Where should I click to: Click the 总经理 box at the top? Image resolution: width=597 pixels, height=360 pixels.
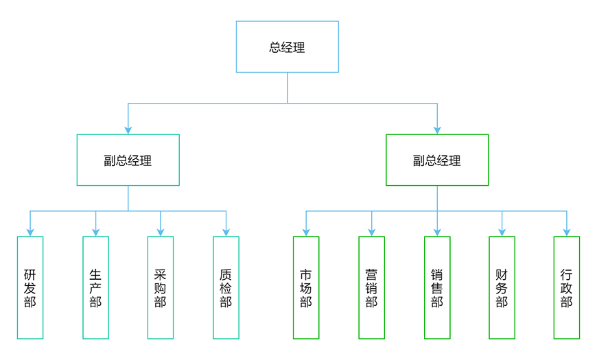[287, 47]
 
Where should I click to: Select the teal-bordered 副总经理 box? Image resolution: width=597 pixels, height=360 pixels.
[128, 160]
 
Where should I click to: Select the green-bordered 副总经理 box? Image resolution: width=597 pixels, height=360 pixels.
[437, 160]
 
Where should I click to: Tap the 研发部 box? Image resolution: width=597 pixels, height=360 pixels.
[30, 288]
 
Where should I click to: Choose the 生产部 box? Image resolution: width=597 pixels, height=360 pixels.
[95, 288]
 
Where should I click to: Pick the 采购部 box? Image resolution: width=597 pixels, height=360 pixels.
[161, 288]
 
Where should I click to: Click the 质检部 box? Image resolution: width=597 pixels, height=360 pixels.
[226, 288]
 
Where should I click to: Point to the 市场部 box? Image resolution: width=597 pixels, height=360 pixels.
[306, 288]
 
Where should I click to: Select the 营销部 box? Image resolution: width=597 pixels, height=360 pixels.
[372, 288]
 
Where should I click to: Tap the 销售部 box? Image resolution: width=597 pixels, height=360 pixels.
[437, 288]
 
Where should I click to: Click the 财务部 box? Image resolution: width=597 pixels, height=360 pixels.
[502, 288]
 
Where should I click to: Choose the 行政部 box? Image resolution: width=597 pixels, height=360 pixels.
[567, 288]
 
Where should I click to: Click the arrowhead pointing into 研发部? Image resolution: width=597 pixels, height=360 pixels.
[30, 232]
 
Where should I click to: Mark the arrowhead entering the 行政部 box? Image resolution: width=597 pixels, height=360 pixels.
[567, 232]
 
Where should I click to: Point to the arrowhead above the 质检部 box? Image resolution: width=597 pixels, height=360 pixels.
[226, 232]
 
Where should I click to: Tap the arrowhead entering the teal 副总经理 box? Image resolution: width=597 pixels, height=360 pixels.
[128, 130]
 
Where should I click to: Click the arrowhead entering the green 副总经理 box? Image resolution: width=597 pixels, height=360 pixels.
[437, 130]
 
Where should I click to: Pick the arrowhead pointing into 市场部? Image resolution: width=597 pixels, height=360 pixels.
[306, 232]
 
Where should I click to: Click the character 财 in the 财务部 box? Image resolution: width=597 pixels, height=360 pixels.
[502, 274]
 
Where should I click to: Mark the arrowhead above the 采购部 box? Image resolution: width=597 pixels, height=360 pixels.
[161, 232]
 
